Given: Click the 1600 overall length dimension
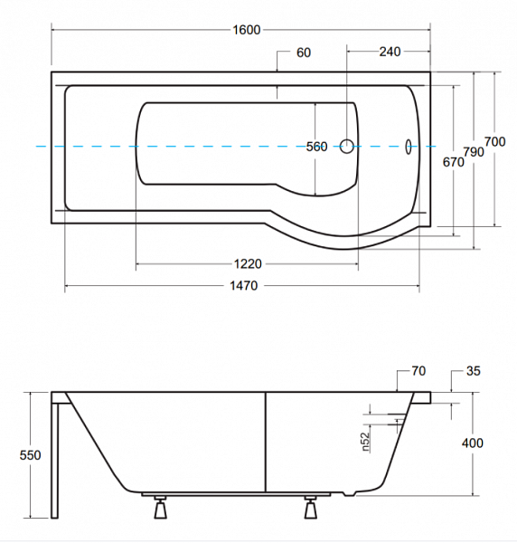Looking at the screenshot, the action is [246, 30].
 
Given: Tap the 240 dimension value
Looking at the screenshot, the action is [390, 52].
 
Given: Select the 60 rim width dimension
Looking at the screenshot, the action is [304, 52].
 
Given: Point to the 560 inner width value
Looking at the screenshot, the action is [316, 147].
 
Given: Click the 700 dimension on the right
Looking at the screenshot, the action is [494, 142].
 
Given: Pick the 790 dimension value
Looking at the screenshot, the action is [474, 152].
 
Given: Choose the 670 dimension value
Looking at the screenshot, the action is [454, 162].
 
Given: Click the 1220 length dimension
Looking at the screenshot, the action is [248, 264].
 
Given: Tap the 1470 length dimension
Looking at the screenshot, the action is [244, 286].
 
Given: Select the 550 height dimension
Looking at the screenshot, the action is [30, 455].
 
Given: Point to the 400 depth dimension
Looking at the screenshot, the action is [473, 443].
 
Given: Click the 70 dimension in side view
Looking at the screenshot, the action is [418, 371].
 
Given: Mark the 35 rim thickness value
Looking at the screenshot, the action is [474, 371].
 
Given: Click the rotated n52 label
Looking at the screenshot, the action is [366, 443].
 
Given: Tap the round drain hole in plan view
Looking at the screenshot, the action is [346, 146].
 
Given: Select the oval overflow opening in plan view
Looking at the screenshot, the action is [409, 147].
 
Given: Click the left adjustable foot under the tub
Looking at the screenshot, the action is [160, 507].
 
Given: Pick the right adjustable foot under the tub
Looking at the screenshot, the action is [310, 507].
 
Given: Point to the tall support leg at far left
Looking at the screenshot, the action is [54, 461].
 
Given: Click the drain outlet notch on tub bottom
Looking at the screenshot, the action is [349, 493].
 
